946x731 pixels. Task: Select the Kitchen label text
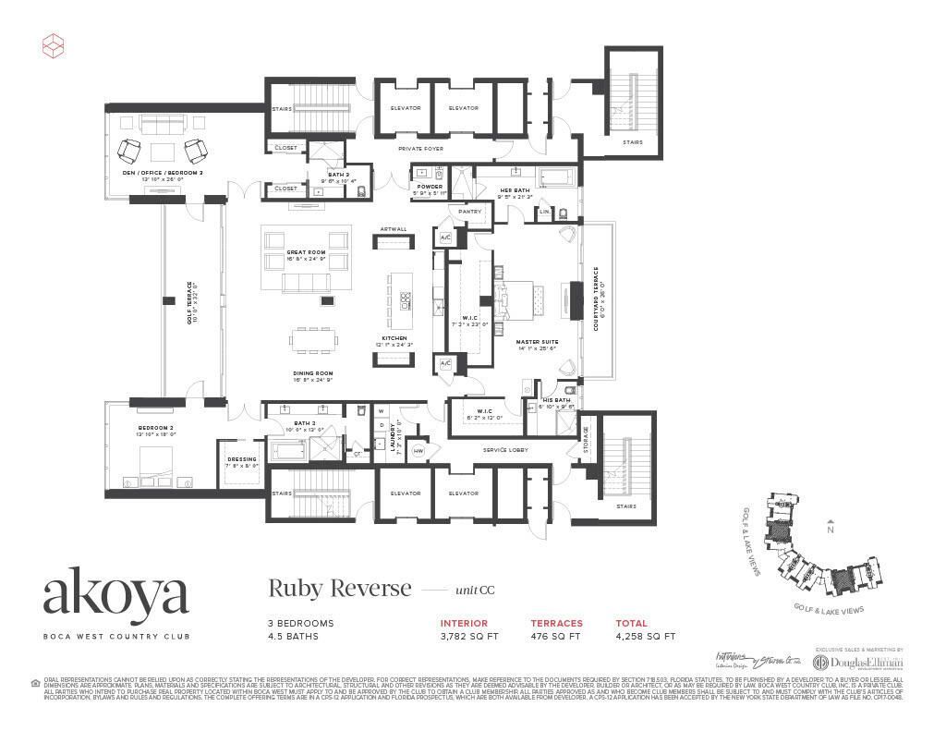394,338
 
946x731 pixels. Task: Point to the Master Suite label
535,342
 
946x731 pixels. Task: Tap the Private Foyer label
420,148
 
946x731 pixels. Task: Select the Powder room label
429,186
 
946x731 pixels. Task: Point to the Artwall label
393,229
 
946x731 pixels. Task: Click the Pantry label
470,212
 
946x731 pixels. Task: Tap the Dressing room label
241,459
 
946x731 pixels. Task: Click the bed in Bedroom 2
154,459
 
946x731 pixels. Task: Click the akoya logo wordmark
115,596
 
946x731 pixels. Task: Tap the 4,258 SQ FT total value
645,636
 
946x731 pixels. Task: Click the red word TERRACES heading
556,623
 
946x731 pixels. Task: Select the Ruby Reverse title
339,589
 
